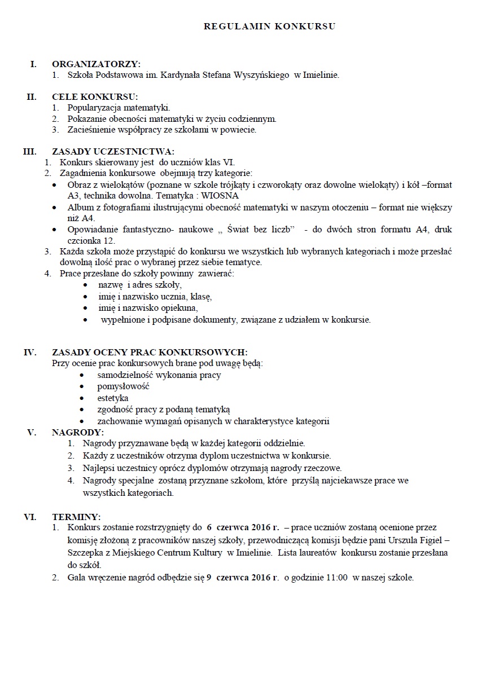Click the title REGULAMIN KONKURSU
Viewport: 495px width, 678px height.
(269, 26)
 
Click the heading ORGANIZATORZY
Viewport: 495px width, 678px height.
(96, 64)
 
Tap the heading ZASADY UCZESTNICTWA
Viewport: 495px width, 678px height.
(113, 151)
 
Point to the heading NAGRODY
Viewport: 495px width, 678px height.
(77, 432)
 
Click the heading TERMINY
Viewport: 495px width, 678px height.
(76, 516)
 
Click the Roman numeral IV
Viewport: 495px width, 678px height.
(30, 353)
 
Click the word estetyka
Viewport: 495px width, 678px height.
(113, 398)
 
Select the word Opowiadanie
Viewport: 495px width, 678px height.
(93, 230)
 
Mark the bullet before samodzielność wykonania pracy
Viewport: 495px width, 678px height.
(84, 375)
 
